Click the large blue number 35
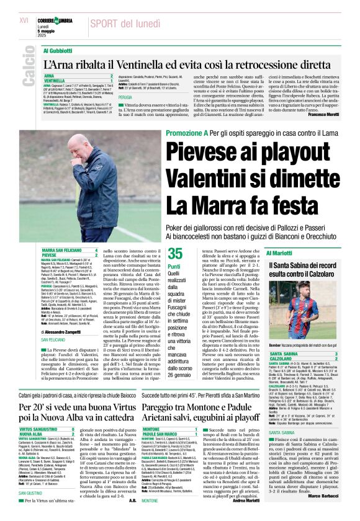(176, 253)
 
